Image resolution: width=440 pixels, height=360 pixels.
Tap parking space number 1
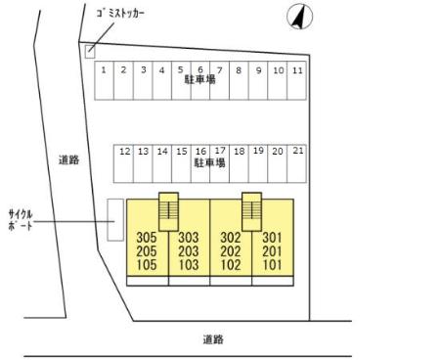103,70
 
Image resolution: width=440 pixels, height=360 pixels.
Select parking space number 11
297,70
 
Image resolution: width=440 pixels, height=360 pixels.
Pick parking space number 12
124,152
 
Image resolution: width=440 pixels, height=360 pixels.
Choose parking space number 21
297,152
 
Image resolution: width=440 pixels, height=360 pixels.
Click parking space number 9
258,70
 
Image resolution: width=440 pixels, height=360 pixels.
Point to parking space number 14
162,152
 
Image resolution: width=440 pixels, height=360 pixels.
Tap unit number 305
147,238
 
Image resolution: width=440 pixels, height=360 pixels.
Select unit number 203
188,250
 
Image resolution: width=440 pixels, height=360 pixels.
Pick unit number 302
230,238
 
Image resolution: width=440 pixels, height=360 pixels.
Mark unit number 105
147,263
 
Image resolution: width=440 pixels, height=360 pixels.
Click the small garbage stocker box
89,51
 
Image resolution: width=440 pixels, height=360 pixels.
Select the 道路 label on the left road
67,159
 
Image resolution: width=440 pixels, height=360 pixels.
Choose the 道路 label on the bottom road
213,339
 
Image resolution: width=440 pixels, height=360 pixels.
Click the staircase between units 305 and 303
168,210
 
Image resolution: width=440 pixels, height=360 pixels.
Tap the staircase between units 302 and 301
251,210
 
